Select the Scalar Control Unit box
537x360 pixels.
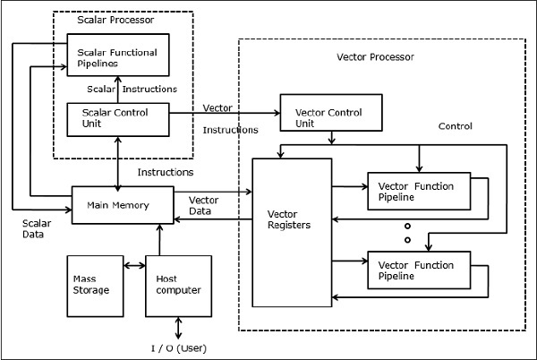coord(119,119)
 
